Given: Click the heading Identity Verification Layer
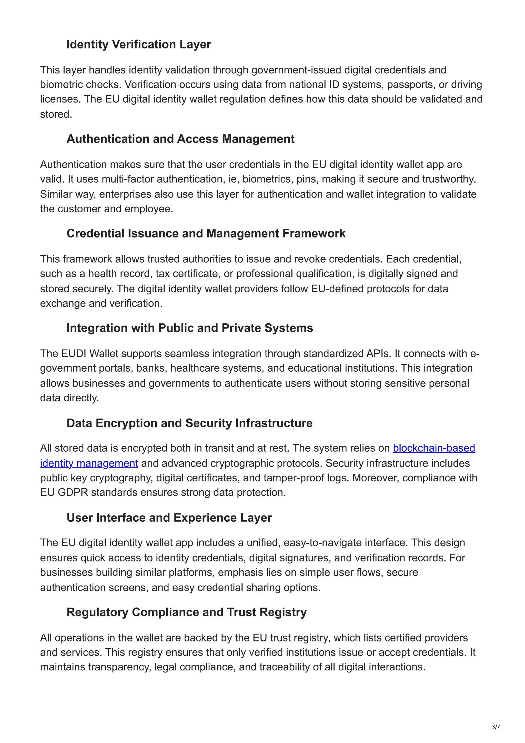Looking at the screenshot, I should [x=138, y=44].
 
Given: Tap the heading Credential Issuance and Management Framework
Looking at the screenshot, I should [x=206, y=233].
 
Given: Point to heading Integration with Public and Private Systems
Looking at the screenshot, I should [x=189, y=328].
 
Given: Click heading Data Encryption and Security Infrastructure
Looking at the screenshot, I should [x=189, y=423].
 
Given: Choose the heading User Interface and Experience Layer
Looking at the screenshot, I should [x=169, y=518].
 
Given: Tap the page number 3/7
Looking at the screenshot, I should [x=496, y=727].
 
